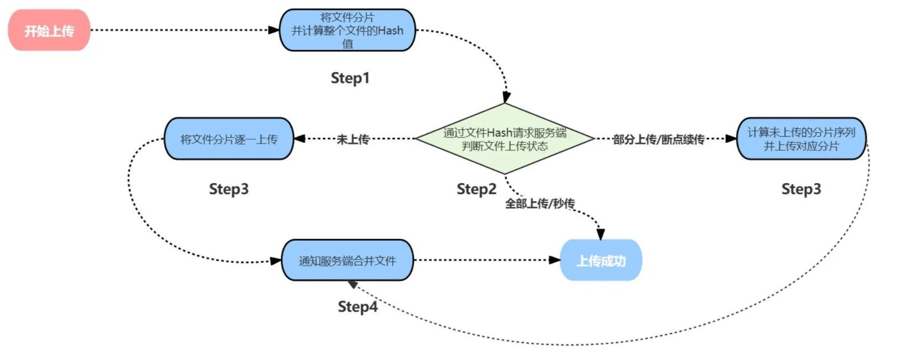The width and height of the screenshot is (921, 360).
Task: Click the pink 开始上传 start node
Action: coord(49,30)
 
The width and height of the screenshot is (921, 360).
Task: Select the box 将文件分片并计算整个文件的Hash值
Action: coord(348,30)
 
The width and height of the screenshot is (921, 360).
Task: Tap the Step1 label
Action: coord(350,78)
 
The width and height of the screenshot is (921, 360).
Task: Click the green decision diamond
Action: coord(505,138)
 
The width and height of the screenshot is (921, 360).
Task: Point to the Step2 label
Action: coord(476,189)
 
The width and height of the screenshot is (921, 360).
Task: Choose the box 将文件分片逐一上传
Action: coord(229,138)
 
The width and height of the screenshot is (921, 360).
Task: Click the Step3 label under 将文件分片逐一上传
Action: coord(229,189)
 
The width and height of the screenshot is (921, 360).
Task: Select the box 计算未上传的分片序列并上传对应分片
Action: coord(801,138)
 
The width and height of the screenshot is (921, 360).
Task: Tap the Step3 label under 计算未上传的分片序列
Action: coord(801,189)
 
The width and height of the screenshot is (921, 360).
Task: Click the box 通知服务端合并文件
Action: coord(348,260)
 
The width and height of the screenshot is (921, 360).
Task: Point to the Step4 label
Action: coord(358,306)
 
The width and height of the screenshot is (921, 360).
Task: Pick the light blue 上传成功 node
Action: coord(601,260)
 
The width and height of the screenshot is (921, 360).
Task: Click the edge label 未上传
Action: coord(353,139)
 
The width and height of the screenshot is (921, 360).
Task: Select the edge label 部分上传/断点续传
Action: coord(658,139)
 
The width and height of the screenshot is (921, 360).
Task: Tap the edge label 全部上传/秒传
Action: coord(540,203)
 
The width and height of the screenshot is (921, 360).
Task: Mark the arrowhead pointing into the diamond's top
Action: coord(507,97)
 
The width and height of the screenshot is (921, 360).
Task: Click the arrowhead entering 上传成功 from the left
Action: coord(554,260)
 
